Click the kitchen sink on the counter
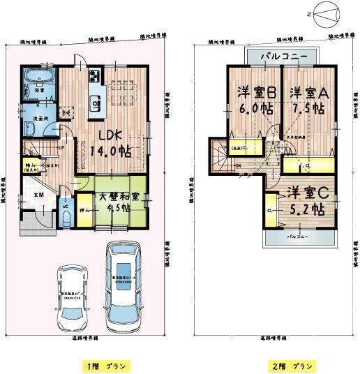94,103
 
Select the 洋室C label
301,192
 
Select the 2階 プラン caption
288,366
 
